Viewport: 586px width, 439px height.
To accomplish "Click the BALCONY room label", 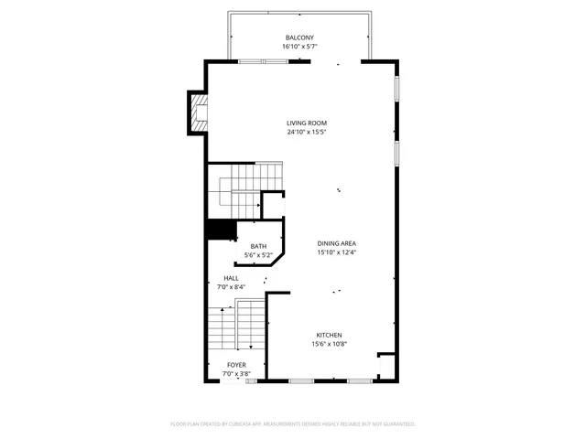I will click(x=292, y=37).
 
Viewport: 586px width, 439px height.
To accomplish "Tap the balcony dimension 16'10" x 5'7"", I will click(x=292, y=46).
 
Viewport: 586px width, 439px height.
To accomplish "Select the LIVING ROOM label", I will click(x=306, y=123).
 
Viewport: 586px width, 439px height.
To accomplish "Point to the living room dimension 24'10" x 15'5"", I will click(x=306, y=132).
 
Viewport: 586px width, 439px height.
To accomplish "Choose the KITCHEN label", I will click(x=331, y=335).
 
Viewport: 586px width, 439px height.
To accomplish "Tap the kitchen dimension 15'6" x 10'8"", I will click(x=331, y=344).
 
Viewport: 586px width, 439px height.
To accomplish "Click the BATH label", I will click(x=258, y=246).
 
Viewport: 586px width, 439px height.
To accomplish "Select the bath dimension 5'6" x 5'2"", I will click(x=258, y=255).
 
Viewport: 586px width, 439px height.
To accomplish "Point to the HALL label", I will click(x=232, y=278).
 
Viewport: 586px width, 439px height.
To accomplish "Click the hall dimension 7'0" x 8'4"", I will click(x=232, y=287).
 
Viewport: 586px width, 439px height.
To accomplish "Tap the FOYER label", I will click(x=236, y=365).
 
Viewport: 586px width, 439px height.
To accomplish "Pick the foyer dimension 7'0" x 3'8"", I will click(x=236, y=374).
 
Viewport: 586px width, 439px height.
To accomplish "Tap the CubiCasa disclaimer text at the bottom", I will click(x=293, y=424).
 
